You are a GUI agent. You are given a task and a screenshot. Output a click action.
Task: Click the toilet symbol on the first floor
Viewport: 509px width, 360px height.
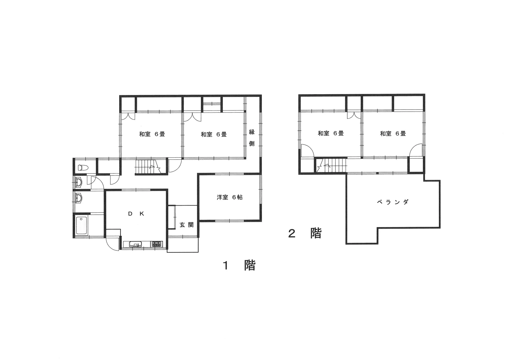click(x=83, y=168)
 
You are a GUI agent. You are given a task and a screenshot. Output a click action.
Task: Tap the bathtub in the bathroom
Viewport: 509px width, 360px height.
click(x=82, y=225)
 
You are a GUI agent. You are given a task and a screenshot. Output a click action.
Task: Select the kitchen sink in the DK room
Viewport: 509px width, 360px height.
click(x=136, y=244)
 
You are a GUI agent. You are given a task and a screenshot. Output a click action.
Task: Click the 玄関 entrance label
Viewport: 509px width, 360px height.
click(x=187, y=225)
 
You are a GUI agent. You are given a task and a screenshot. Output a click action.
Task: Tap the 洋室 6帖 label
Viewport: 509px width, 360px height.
click(x=230, y=197)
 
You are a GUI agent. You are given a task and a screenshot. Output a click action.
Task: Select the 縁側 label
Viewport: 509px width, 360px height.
click(x=252, y=138)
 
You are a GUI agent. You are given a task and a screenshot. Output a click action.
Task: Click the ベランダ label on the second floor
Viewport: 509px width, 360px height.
click(x=393, y=202)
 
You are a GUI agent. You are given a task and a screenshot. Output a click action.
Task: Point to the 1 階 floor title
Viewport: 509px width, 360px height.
click(x=239, y=265)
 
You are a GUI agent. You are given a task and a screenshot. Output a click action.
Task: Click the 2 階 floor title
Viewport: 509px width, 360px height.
click(x=305, y=233)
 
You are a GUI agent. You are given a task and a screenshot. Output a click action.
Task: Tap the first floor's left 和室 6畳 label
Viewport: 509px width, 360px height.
click(x=152, y=134)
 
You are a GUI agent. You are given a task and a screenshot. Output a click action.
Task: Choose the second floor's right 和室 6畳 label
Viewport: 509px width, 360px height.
click(x=393, y=134)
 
